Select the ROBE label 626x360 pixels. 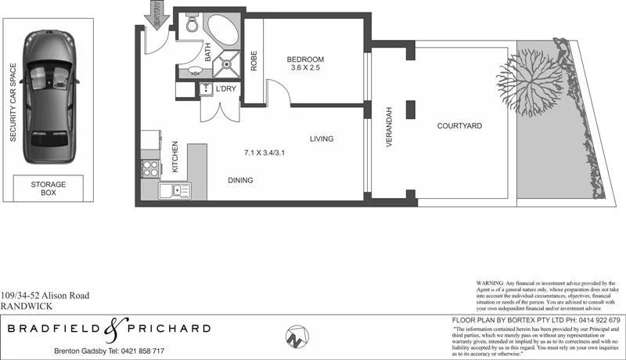point(254,62)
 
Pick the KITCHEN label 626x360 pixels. point(175,157)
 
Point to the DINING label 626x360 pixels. point(240,180)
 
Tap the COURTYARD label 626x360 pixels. point(459,125)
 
